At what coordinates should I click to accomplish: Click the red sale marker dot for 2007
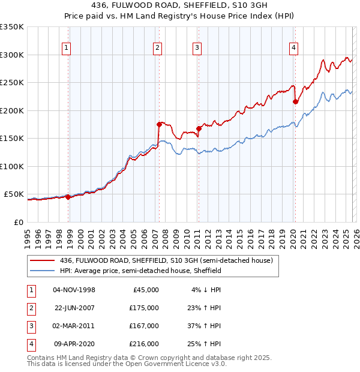tap(159, 125)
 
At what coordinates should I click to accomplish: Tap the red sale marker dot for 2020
tap(295, 102)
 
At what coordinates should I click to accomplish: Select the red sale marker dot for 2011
tap(198, 129)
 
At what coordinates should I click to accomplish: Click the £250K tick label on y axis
tap(12, 83)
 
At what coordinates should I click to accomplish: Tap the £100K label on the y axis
tap(12, 166)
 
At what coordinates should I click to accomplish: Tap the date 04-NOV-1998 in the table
tap(74, 289)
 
